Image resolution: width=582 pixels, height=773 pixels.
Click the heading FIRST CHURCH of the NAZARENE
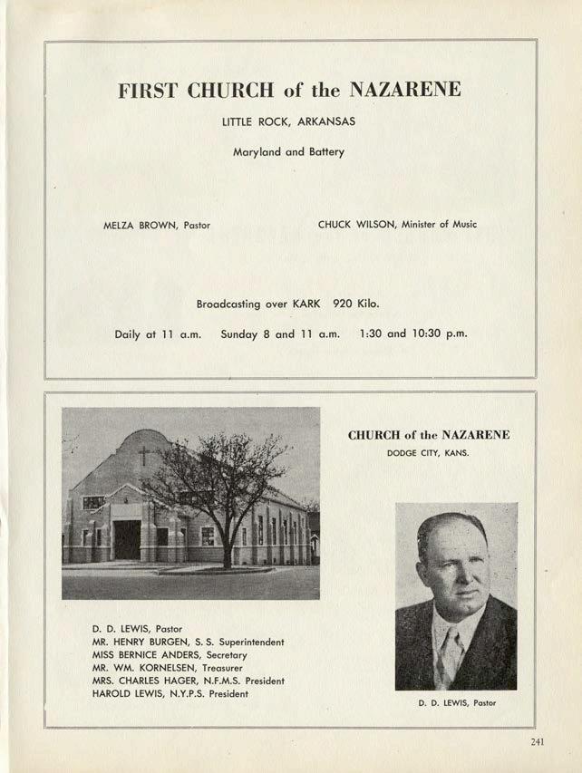point(289,90)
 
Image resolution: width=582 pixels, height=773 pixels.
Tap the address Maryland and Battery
point(288,152)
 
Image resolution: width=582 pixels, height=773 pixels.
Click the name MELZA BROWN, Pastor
point(157,225)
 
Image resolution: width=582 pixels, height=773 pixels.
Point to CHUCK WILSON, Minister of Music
point(397,224)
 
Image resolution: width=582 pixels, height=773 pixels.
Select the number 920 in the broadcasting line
point(342,304)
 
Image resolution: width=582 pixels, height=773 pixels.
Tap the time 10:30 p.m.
point(439,333)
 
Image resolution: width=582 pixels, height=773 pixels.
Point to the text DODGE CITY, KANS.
point(428,452)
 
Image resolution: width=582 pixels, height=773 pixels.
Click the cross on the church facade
point(142,454)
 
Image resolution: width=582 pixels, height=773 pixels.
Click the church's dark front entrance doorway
point(127,538)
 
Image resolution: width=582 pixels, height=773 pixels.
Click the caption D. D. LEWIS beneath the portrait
point(455,702)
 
